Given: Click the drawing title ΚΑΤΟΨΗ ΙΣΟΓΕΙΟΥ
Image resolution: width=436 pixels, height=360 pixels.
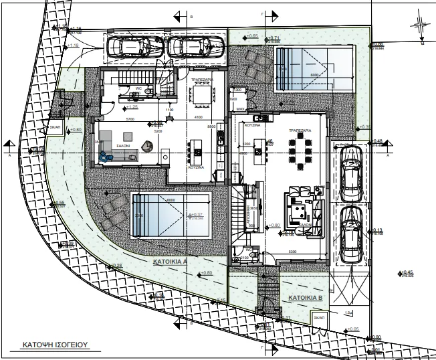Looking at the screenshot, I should click(x=51, y=346).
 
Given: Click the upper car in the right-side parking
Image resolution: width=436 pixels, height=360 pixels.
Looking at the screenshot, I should click(x=351, y=173).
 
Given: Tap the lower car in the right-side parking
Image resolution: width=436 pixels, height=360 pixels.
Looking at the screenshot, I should click(x=350, y=235).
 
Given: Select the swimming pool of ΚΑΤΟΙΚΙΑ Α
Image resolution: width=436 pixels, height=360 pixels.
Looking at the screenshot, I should click(x=171, y=214).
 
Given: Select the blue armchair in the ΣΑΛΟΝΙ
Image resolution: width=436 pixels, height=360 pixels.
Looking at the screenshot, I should click(x=104, y=157).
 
